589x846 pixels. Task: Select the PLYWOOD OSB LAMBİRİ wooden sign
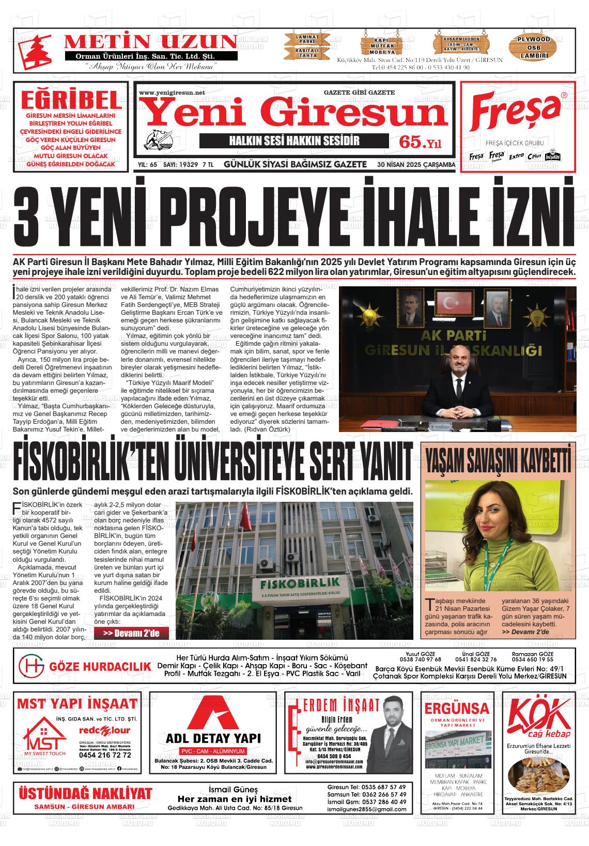[534, 47]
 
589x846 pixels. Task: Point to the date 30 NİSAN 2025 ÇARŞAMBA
[416, 165]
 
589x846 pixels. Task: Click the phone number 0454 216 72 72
[104, 755]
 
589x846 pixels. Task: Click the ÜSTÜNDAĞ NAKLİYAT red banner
[85, 794]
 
